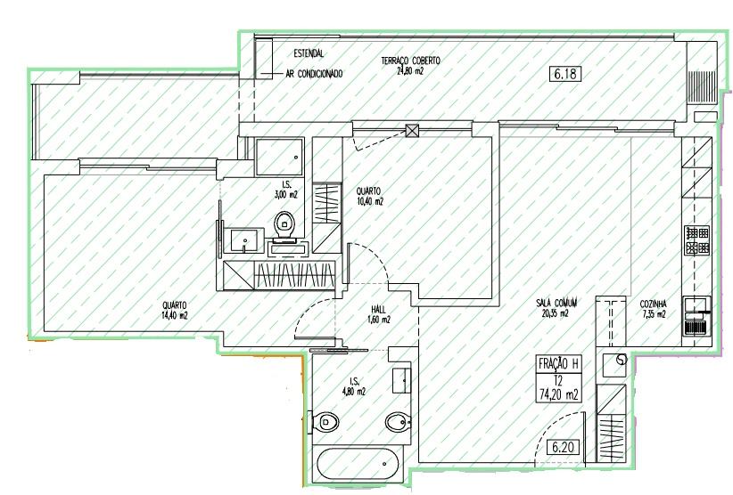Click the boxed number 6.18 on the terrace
[x=565, y=74]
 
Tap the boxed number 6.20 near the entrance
[x=563, y=448]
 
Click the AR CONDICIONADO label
[x=314, y=74]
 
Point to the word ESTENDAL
[x=309, y=53]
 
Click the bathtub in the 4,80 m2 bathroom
[x=358, y=464]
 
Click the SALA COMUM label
[x=556, y=304]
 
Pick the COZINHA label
[x=653, y=304]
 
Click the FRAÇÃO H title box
[x=558, y=363]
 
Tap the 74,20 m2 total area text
[x=558, y=395]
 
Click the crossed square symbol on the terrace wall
[x=412, y=130]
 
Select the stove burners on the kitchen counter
[x=697, y=239]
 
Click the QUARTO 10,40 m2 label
[x=369, y=197]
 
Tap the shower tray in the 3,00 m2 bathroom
[x=279, y=157]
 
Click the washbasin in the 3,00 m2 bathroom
[x=243, y=240]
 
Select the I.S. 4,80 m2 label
[x=353, y=386]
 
